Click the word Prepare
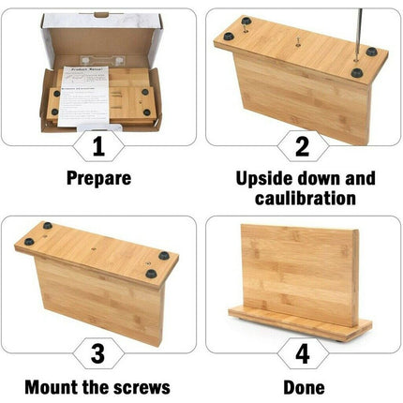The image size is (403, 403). pyautogui.click(x=98, y=177)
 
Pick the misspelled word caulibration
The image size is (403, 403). pyautogui.click(x=303, y=198)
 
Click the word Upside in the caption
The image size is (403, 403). pyautogui.click(x=263, y=177)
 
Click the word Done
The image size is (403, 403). pyautogui.click(x=304, y=385)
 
